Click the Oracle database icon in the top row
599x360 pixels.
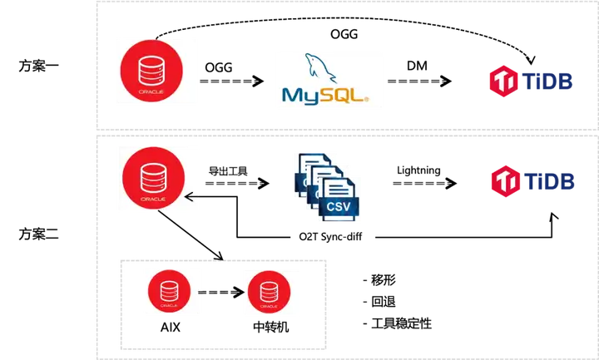156,69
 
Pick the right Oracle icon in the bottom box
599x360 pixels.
269,293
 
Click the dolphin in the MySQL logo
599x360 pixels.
314,67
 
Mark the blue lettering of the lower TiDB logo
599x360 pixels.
548,180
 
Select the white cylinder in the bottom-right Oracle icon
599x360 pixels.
269,290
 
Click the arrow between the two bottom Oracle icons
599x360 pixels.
220,293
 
